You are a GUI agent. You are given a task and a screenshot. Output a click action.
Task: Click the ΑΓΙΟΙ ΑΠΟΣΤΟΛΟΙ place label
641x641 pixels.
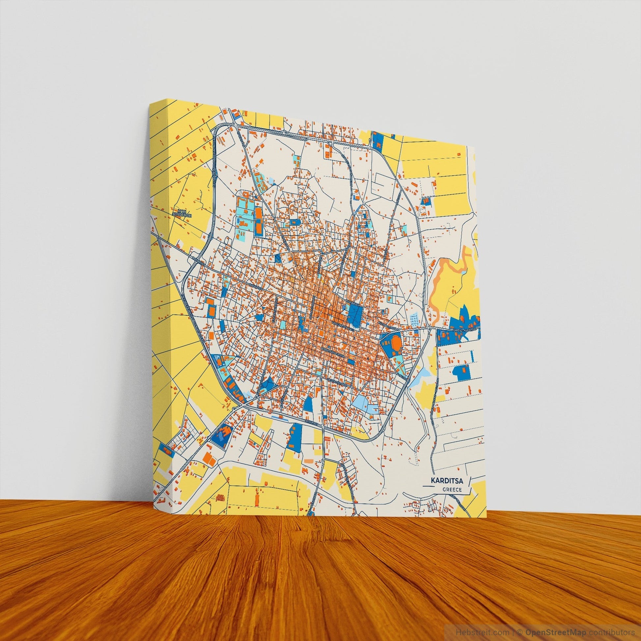point(184,213)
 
